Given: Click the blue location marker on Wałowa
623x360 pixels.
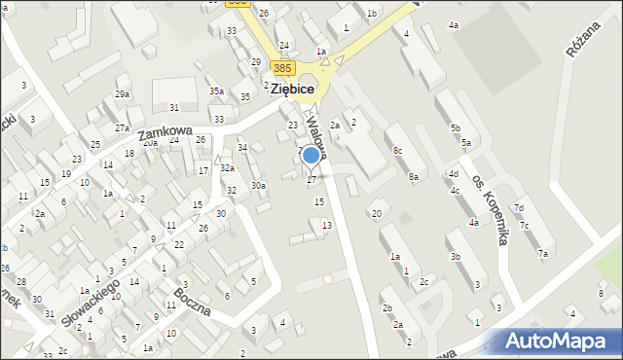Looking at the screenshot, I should [x=311, y=155].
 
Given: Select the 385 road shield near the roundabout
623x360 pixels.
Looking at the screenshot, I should [x=282, y=68].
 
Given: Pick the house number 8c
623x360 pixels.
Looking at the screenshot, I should [x=397, y=150].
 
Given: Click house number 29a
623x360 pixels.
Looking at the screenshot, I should [x=122, y=94].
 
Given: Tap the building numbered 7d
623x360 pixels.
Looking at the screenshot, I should [x=519, y=208].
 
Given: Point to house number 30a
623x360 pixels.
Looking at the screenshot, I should [x=258, y=185].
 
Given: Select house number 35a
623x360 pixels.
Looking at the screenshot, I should [x=216, y=90].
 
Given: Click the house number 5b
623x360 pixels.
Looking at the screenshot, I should [x=455, y=127].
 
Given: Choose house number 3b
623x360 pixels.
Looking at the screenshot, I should [x=455, y=257].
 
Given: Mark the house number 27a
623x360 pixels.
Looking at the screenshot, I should [x=122, y=127].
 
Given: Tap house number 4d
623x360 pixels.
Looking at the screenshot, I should [x=453, y=174].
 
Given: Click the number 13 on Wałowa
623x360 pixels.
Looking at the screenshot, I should [x=327, y=225].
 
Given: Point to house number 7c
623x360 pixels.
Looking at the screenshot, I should [x=525, y=226].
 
